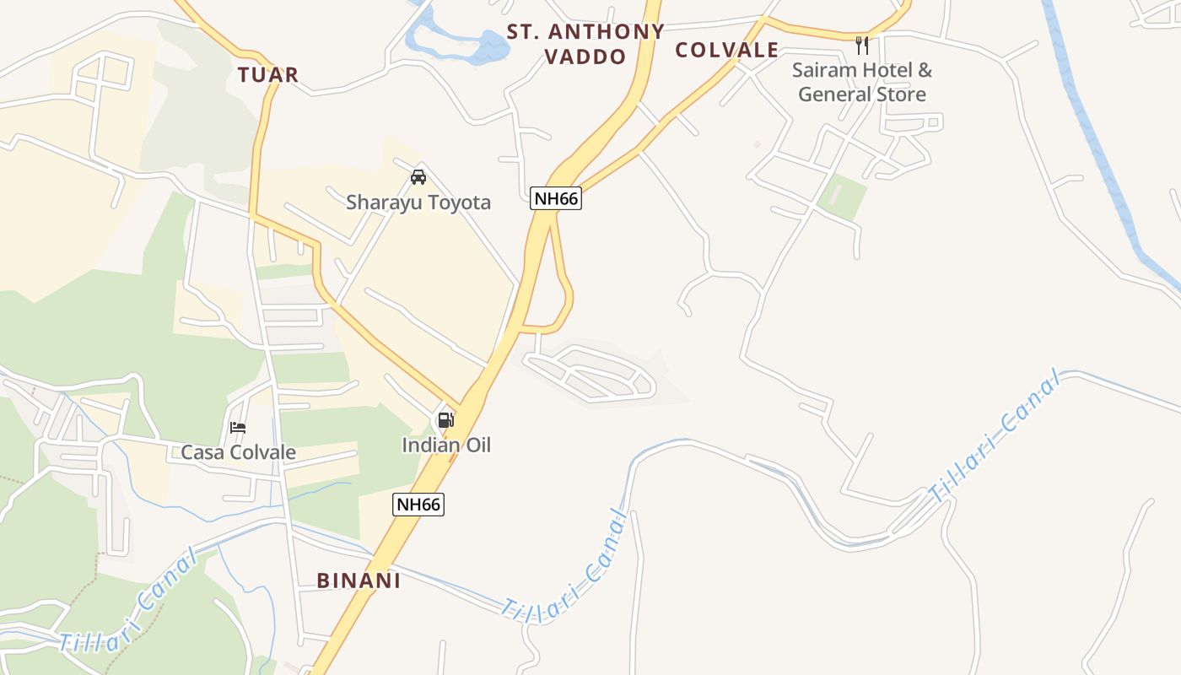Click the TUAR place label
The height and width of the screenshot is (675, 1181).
[x=268, y=75]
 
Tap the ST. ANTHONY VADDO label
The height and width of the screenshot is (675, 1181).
[x=585, y=44]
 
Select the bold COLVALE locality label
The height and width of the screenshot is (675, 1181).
[x=726, y=50]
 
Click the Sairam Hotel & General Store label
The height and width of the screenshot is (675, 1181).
[x=861, y=82]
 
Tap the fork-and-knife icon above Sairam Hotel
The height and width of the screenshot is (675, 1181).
[x=861, y=45]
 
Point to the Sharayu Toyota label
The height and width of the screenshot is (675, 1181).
[x=418, y=202]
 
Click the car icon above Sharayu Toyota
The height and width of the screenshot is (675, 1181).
[x=418, y=177]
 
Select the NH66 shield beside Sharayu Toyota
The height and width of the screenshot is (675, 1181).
[x=557, y=199]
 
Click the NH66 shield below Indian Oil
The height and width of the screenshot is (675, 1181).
[x=418, y=505]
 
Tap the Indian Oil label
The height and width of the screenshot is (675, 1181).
[x=445, y=445]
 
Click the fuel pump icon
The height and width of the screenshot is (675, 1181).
[x=445, y=419]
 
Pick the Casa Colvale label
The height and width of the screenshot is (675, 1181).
[x=239, y=452]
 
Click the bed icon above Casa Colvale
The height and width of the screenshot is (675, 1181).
[x=238, y=428]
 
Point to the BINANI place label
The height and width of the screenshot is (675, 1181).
[x=359, y=580]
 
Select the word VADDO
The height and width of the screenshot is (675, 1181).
[x=585, y=57]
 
